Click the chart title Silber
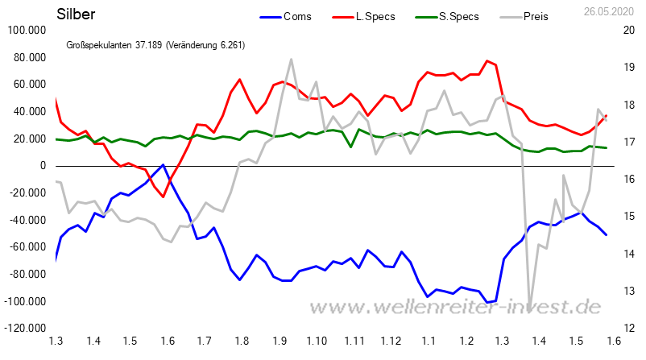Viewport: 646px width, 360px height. coord(75,14)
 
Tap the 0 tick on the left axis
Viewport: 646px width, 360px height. coord(42,166)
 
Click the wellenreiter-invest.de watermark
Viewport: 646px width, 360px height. coord(456,307)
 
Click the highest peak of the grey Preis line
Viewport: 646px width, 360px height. coord(290,59)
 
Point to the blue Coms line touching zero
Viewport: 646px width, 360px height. coord(164,165)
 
